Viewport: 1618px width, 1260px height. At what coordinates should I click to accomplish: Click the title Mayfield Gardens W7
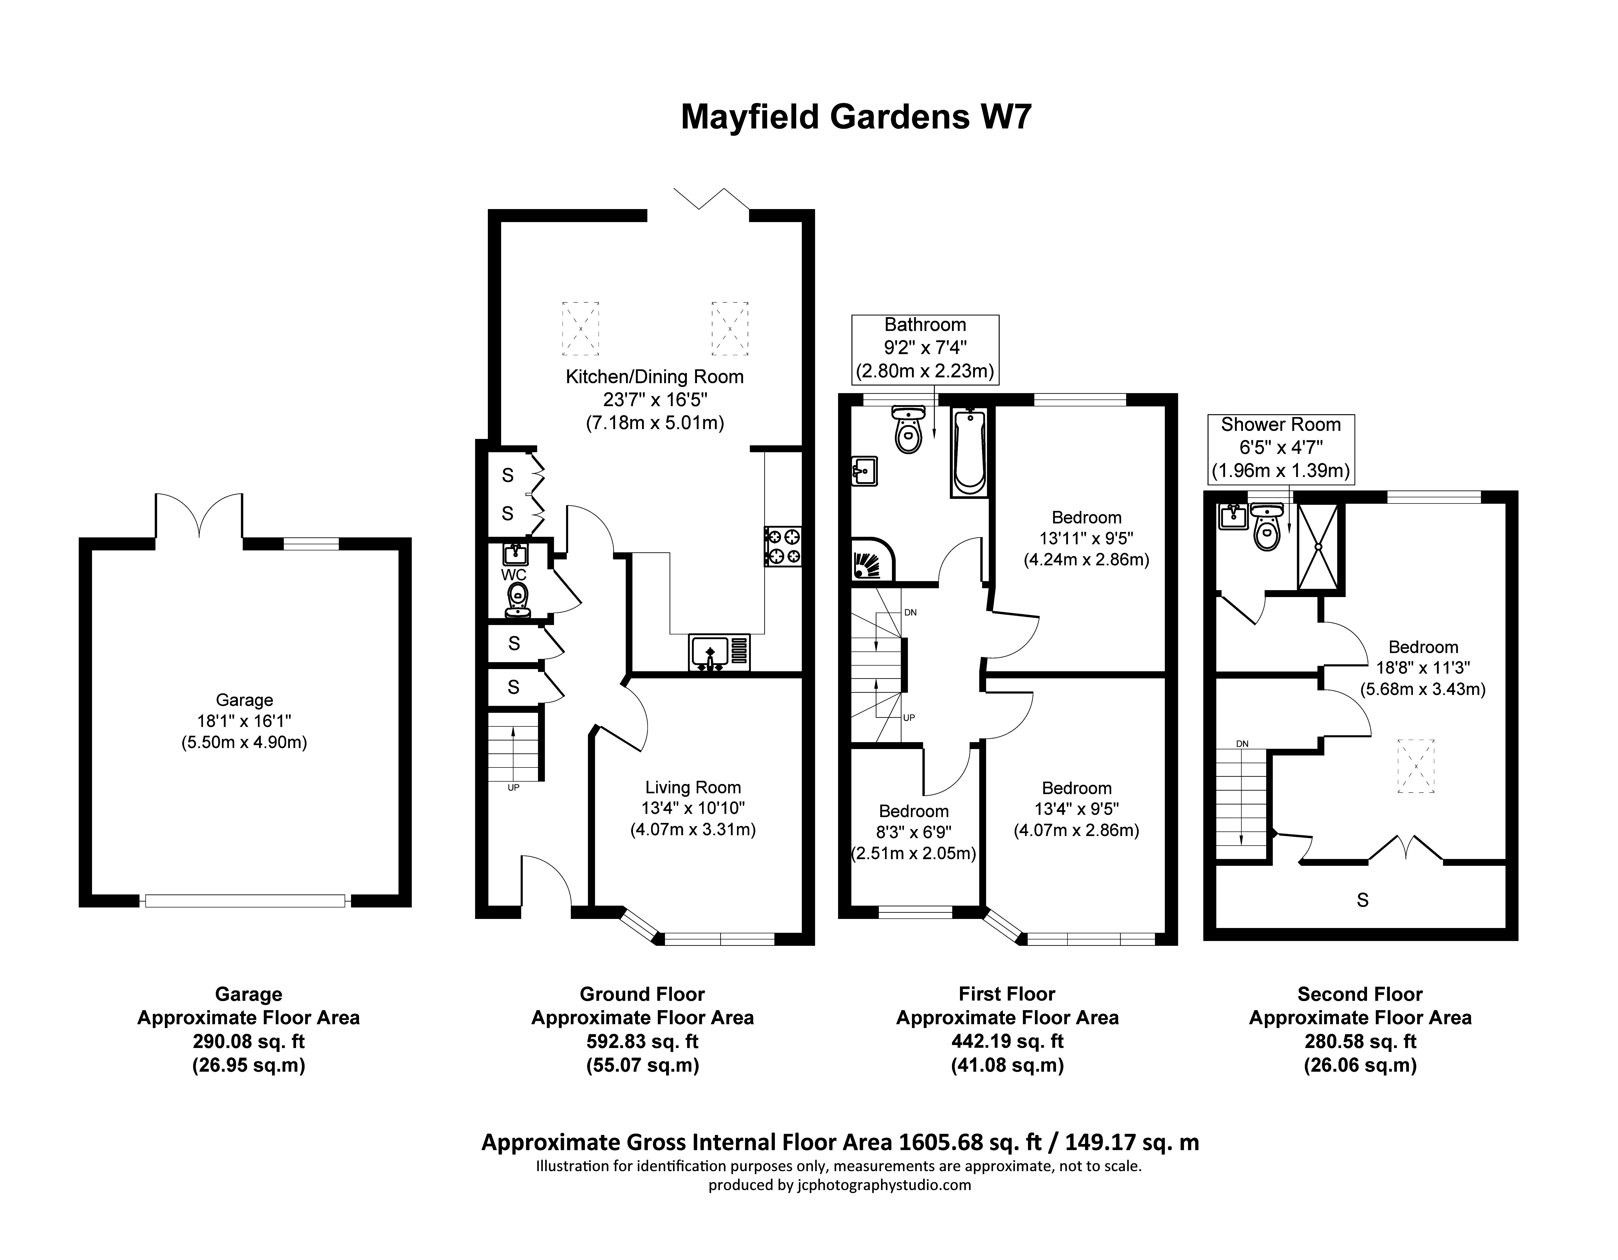[x=856, y=117]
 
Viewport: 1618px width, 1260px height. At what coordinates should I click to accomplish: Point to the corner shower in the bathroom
[x=872, y=560]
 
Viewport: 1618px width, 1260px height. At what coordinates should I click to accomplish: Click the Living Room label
[x=693, y=787]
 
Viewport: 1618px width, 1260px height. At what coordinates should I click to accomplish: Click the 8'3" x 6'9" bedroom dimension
[x=914, y=832]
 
